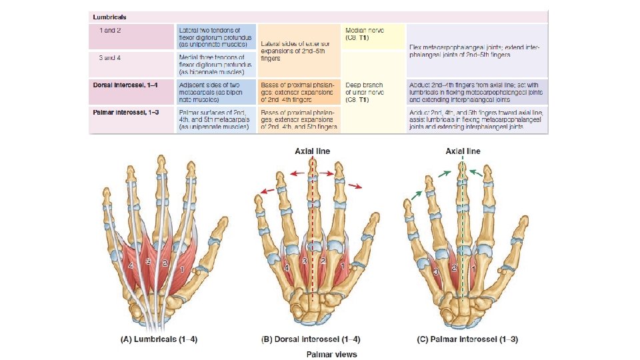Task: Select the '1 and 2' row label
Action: click(x=111, y=31)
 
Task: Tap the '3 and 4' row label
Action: click(x=111, y=58)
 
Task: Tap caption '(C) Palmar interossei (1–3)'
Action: click(x=467, y=339)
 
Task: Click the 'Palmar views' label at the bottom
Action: click(x=331, y=353)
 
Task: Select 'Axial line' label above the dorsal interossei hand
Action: click(x=313, y=151)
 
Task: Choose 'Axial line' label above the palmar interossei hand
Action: click(x=463, y=151)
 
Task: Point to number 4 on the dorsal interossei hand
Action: click(x=287, y=267)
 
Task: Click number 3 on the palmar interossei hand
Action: click(x=436, y=273)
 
